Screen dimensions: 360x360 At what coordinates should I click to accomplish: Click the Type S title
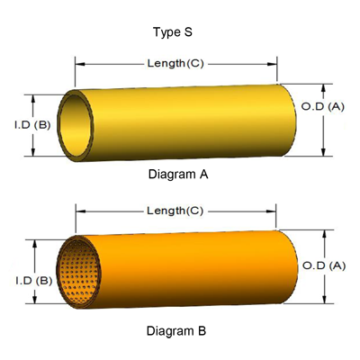pyautogui.click(x=179, y=32)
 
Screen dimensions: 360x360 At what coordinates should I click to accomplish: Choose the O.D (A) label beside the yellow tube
pyautogui.click(x=322, y=106)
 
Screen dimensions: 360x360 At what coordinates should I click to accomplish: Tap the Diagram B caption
pyautogui.click(x=178, y=331)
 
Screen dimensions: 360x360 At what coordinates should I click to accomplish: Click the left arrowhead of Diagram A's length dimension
pyautogui.click(x=76, y=64)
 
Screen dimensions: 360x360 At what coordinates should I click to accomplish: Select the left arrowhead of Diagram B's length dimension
pyautogui.click(x=76, y=211)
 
